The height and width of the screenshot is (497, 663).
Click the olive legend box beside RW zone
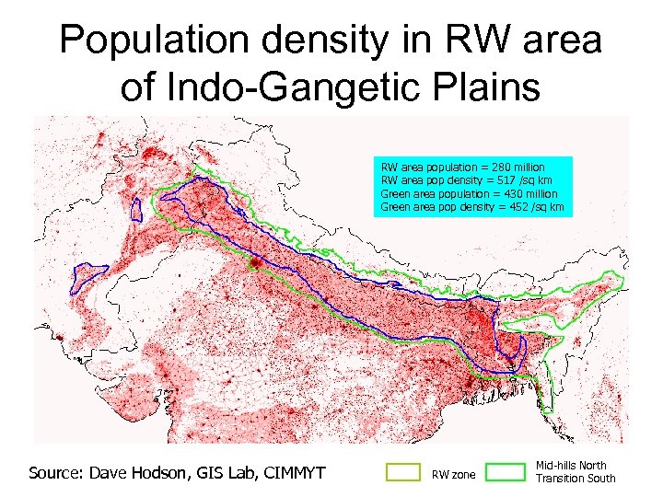402,472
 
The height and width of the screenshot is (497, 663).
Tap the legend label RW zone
454,475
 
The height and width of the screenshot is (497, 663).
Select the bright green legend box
504,472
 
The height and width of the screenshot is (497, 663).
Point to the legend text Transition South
576,479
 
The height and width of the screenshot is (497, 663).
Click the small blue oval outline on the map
137,208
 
